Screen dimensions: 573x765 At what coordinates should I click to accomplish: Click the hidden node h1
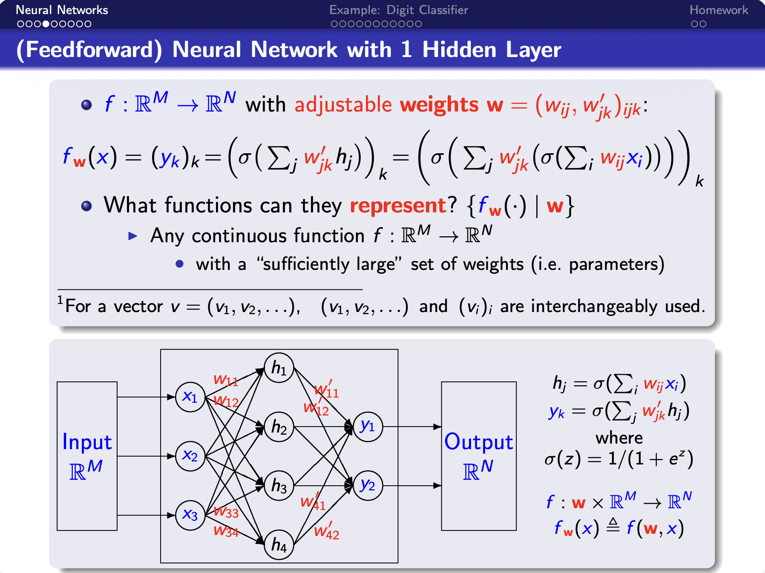coord(279,368)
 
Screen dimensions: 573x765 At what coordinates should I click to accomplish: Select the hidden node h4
coord(279,544)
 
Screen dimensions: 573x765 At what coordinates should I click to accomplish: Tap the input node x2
coord(190,456)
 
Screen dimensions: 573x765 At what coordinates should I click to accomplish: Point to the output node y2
coord(368,485)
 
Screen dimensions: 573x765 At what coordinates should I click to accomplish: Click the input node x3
coord(190,515)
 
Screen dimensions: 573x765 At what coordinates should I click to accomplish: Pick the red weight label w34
coord(226,531)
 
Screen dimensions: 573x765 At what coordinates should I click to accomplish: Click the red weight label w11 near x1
coord(226,379)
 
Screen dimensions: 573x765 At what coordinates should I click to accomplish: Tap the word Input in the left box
coord(87,442)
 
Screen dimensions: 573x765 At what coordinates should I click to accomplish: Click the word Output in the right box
coord(478,442)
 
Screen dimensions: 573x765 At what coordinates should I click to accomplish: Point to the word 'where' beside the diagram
coord(619,438)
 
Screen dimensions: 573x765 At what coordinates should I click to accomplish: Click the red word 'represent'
coord(398,206)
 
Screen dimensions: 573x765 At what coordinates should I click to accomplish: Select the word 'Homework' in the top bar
coord(719,10)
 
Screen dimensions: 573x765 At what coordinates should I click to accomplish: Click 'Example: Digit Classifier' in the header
coord(398,10)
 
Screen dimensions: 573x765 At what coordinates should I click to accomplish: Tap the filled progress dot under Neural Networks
coord(46,24)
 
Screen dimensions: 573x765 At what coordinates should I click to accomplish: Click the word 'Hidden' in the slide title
coord(459,50)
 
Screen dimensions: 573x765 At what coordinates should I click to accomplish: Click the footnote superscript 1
coord(60,300)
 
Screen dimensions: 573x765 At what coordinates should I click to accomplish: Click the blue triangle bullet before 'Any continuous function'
coord(133,236)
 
